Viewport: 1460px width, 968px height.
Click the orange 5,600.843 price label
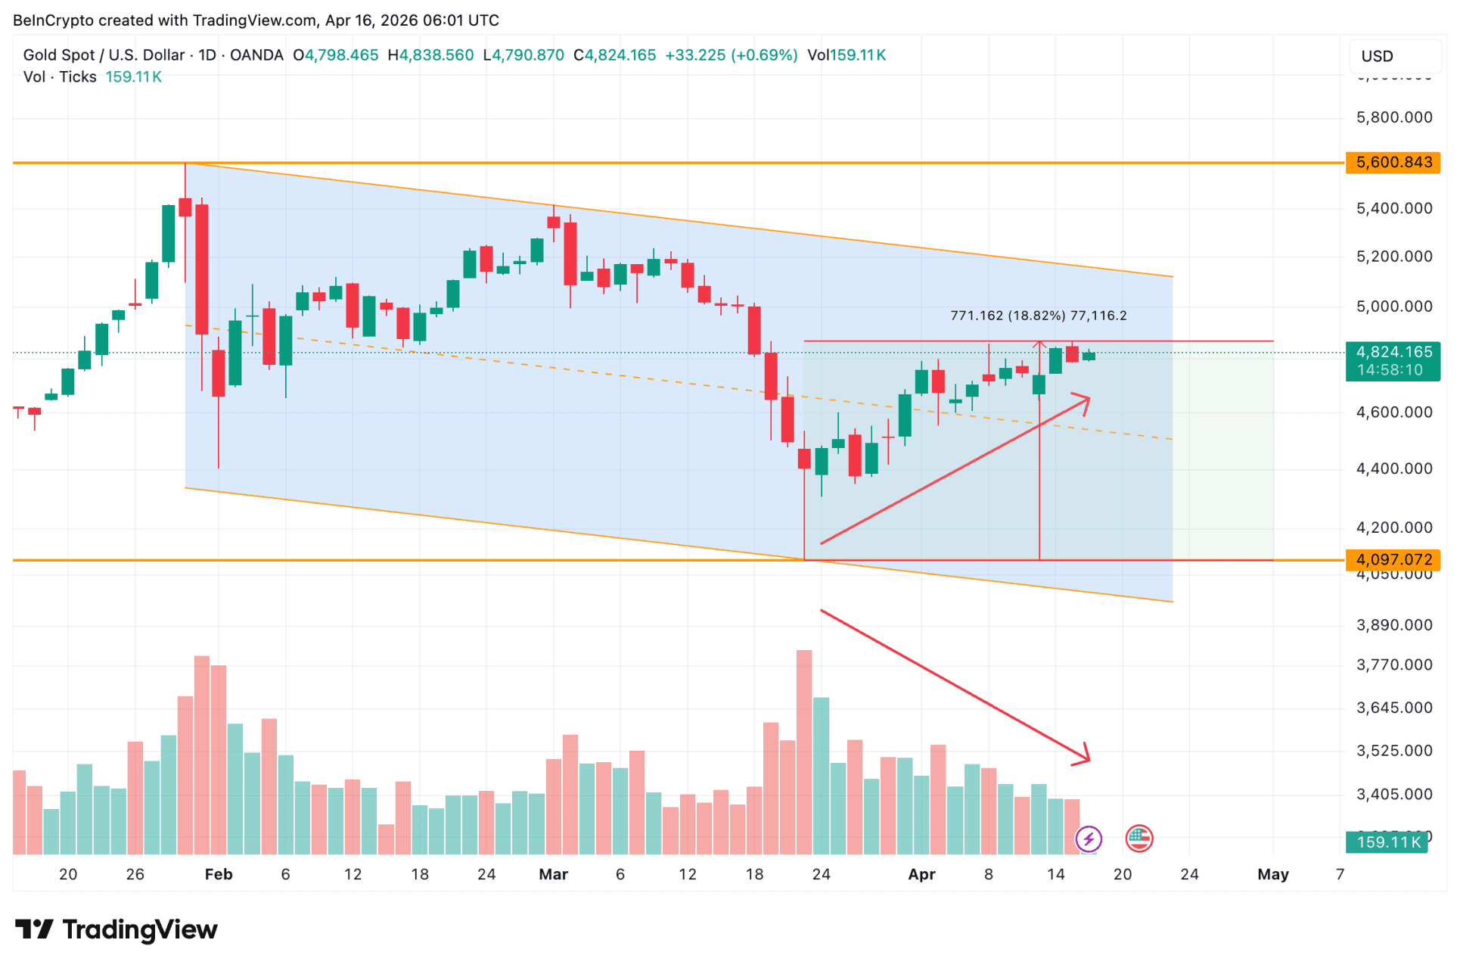click(x=1393, y=163)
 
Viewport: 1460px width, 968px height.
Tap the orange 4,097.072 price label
click(x=1393, y=560)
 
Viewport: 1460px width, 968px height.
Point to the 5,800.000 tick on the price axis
click(x=1394, y=117)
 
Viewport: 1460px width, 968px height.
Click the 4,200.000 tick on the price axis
click(x=1394, y=528)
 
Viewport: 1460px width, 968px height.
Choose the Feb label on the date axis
click(x=219, y=875)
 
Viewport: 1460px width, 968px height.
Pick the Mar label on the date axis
click(x=553, y=875)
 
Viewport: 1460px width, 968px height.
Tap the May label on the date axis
click(x=1272, y=875)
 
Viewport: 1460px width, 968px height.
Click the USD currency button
click(x=1377, y=57)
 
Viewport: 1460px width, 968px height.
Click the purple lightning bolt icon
click(x=1089, y=839)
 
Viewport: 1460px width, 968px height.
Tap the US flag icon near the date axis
click(x=1138, y=839)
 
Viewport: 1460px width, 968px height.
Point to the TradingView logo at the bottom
click(x=116, y=929)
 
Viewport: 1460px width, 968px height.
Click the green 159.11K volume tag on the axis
click(x=1387, y=842)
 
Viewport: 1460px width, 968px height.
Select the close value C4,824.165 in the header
click(x=614, y=55)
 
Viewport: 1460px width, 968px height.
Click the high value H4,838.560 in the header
click(x=430, y=55)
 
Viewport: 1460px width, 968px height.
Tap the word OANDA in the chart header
click(x=256, y=55)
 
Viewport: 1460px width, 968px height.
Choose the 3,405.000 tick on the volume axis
click(x=1394, y=795)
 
